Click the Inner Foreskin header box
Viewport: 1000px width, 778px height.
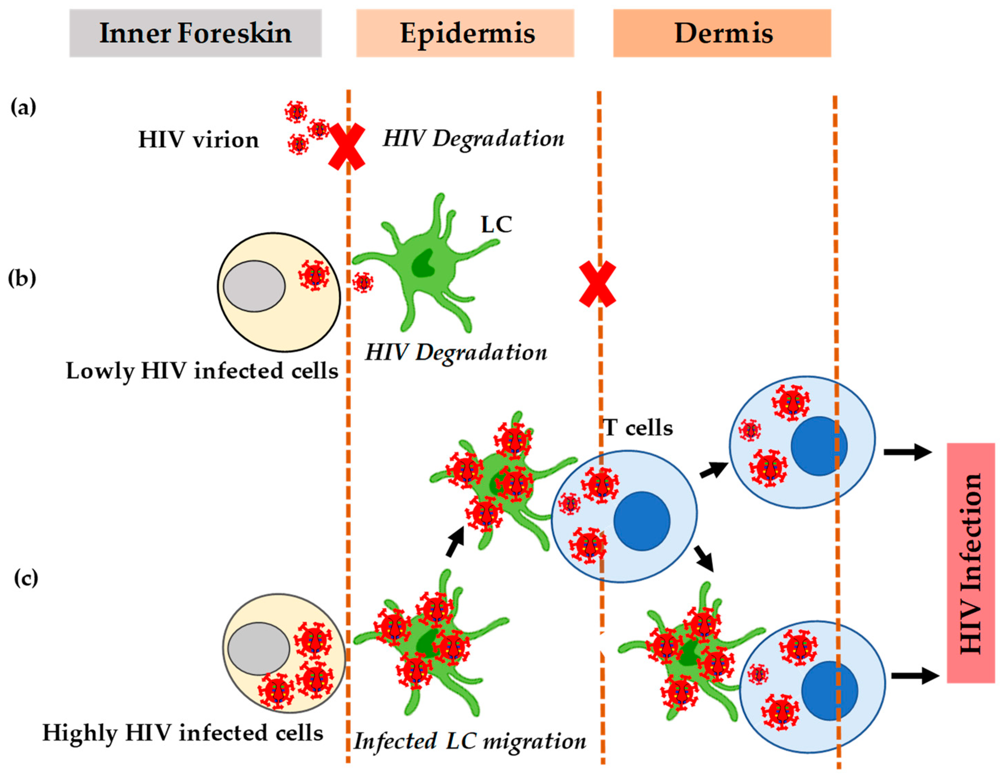195,33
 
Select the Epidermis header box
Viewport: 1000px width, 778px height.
465,33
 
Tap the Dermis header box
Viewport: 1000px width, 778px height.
722,33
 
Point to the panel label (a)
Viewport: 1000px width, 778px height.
23,108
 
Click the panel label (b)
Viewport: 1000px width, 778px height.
22,278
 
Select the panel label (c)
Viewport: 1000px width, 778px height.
26,578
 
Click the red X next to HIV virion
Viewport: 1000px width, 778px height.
347,146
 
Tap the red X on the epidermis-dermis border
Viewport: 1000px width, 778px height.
597,284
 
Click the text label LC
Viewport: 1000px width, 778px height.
496,224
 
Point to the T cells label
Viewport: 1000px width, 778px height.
638,428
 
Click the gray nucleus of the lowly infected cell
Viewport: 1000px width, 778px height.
254,286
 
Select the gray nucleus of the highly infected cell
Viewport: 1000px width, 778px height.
259,648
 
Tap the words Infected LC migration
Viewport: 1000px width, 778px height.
469,741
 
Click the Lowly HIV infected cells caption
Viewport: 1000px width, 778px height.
202,371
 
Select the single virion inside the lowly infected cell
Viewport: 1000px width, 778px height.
314,276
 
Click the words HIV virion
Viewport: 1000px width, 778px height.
198,139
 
